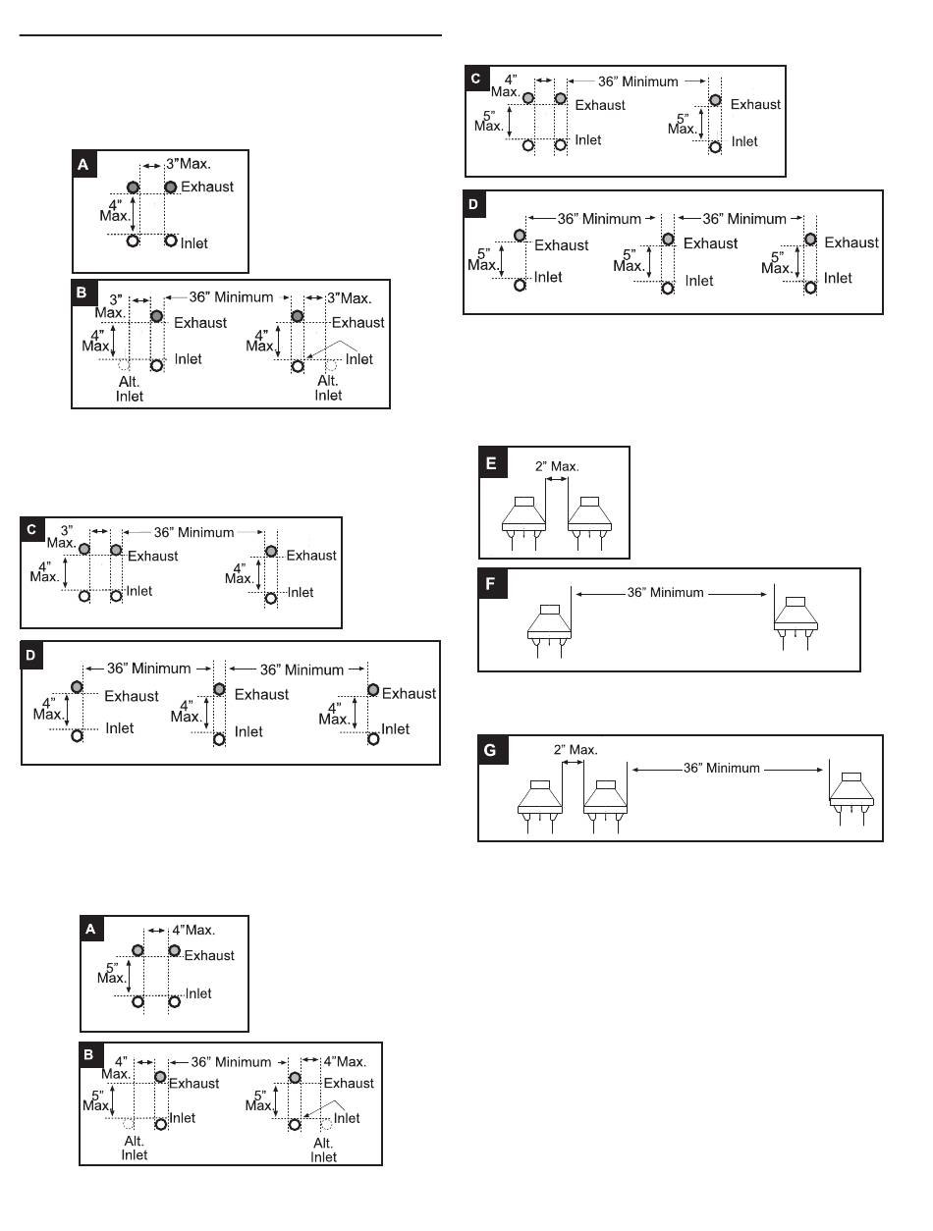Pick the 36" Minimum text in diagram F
pyautogui.click(x=665, y=593)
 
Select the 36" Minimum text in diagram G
pyautogui.click(x=721, y=768)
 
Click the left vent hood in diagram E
pyautogui.click(x=531, y=516)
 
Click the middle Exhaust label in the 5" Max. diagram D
pyautogui.click(x=711, y=243)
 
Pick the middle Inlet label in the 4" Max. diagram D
pyautogui.click(x=248, y=731)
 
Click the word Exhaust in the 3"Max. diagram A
pyautogui.click(x=207, y=187)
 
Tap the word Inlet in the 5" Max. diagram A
pyautogui.click(x=199, y=993)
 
